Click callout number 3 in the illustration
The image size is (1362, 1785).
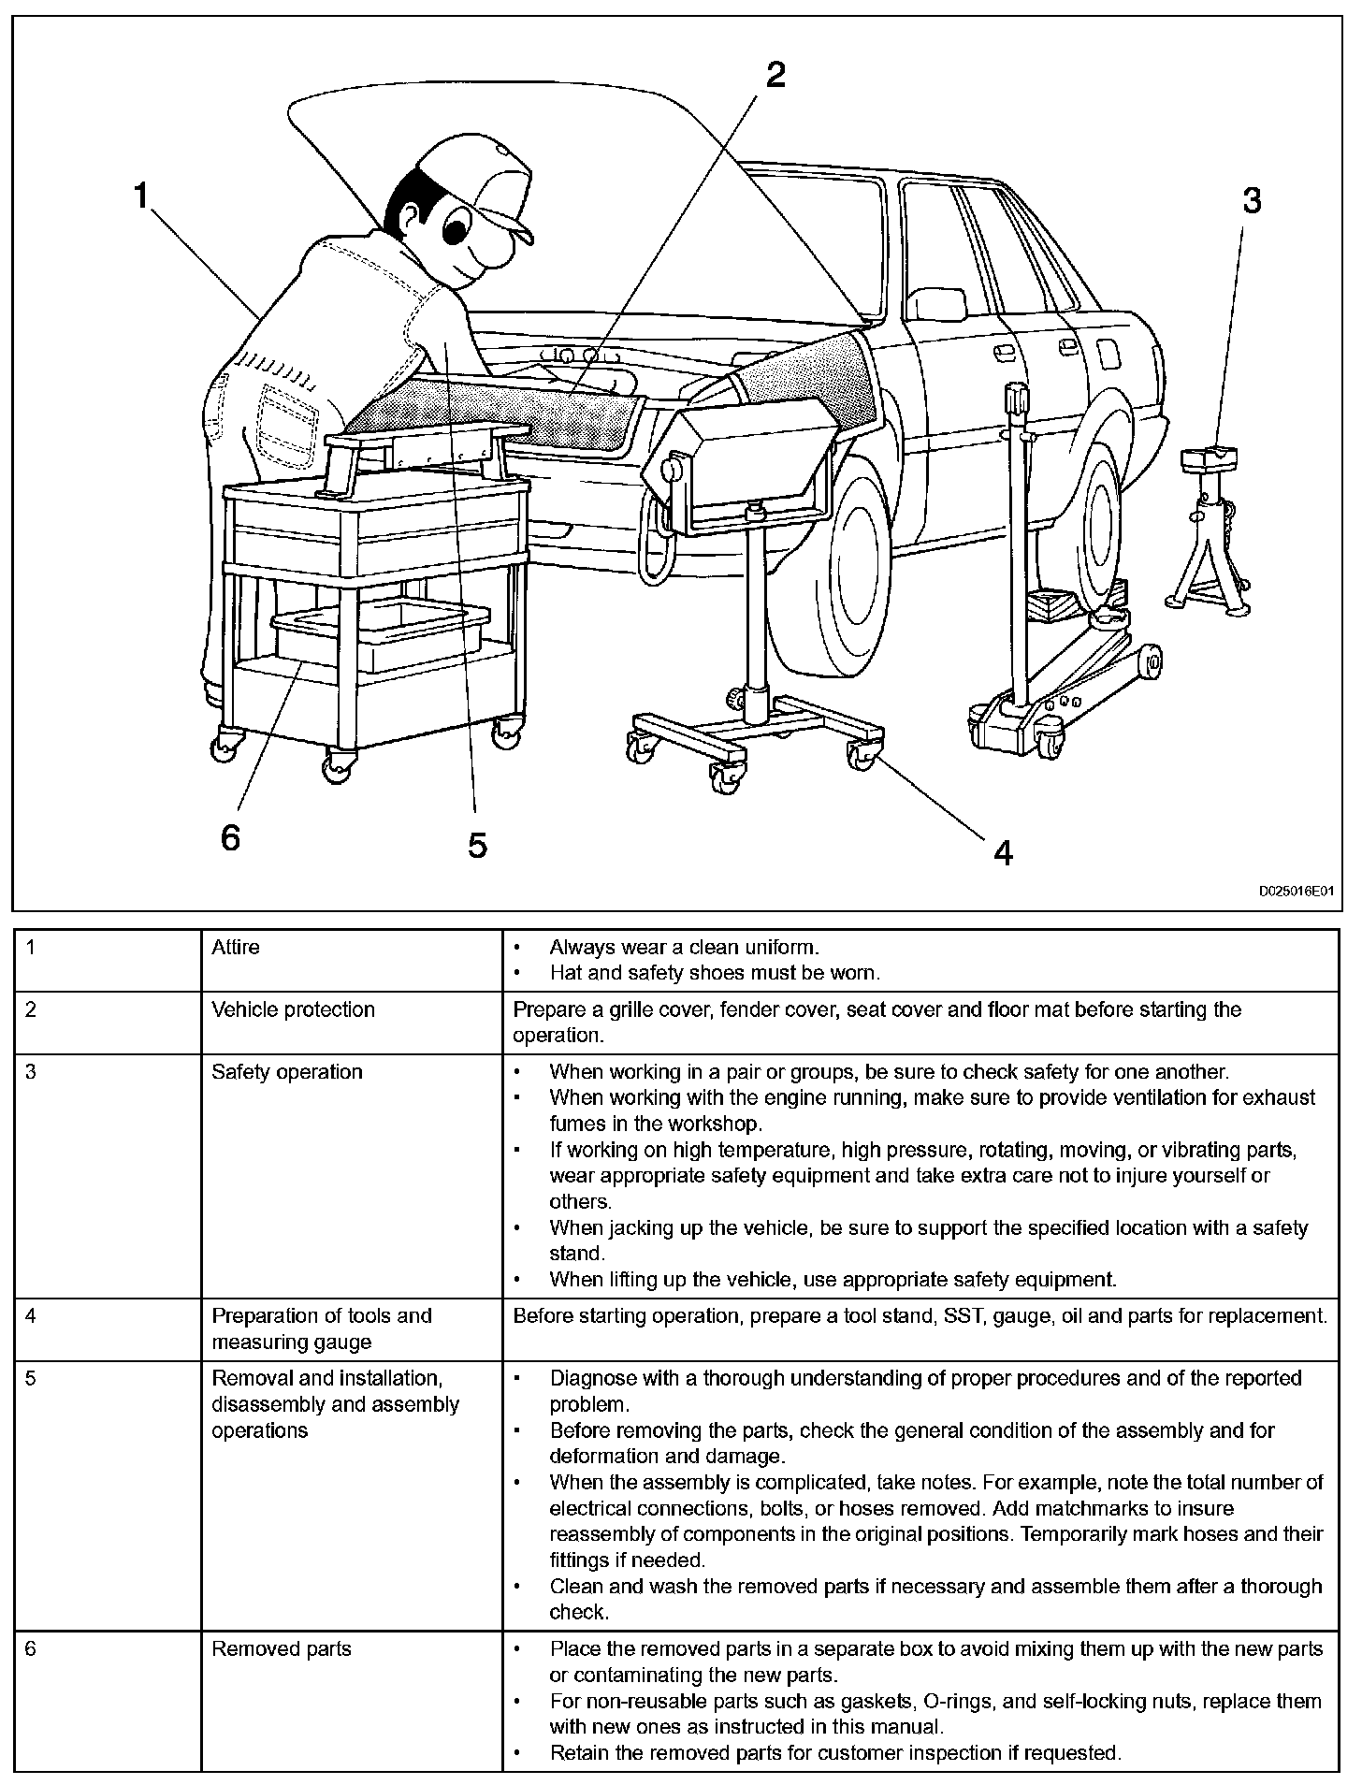[1251, 200]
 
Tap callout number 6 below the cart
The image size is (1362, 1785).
[230, 837]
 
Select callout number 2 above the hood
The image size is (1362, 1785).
[775, 75]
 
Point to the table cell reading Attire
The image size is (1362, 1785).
[236, 947]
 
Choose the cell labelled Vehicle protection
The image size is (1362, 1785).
[293, 1009]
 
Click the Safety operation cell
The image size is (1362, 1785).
[286, 1071]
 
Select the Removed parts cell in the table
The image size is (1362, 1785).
[281, 1648]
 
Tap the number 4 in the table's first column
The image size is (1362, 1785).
[31, 1315]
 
